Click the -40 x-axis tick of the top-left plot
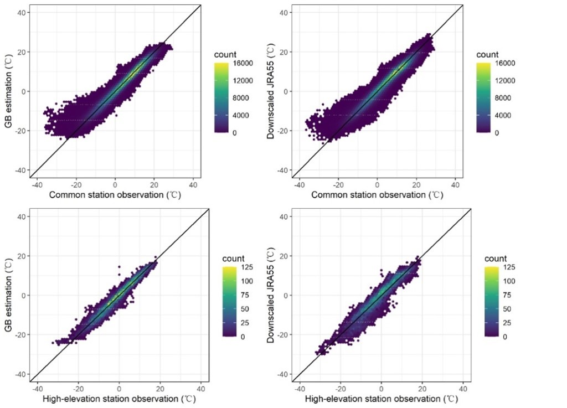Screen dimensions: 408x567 pos(37,184)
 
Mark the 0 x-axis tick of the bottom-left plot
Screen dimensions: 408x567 pos(119,388)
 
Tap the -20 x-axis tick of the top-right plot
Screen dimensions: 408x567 pos(337,184)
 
